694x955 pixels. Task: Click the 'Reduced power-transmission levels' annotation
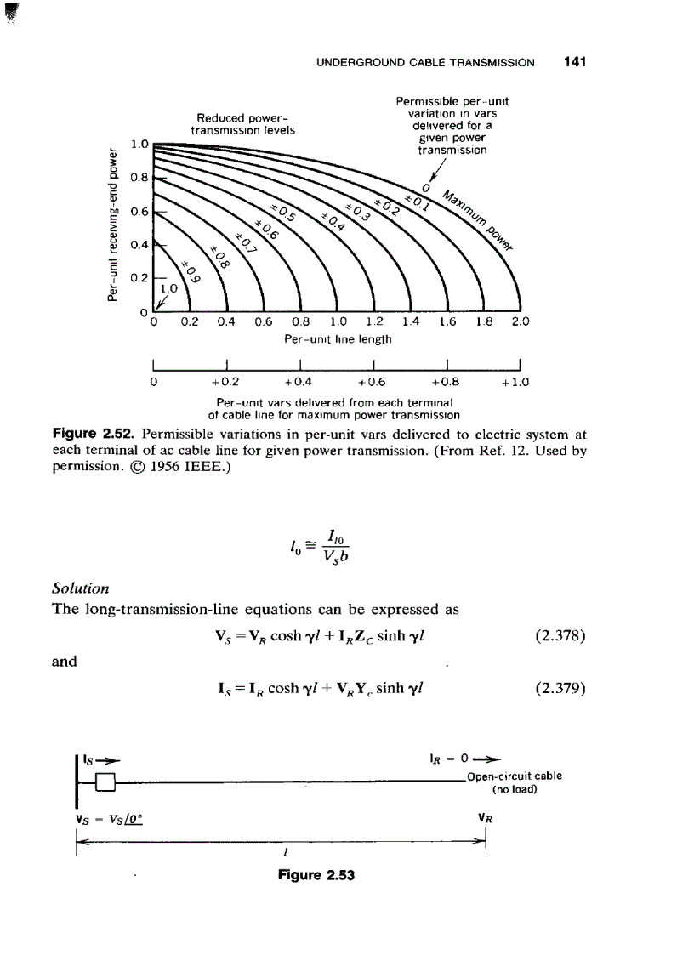tap(242, 124)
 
